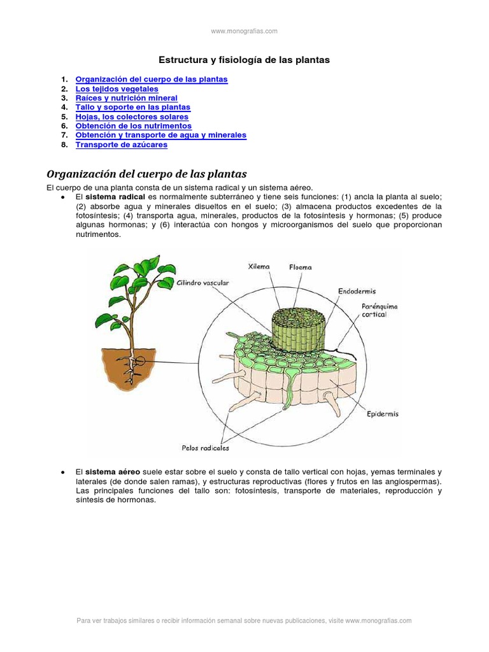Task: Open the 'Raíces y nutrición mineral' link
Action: point(126,99)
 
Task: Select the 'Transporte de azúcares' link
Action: point(121,145)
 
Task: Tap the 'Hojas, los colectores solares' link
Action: point(132,117)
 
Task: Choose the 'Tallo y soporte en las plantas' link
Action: point(132,108)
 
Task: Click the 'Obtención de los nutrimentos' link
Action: point(133,126)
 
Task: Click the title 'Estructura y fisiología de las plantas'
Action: point(244,60)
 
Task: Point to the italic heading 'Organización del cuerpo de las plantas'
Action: point(146,174)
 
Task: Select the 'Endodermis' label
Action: point(357,291)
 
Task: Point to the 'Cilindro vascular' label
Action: point(204,282)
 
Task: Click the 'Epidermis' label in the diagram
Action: point(383,414)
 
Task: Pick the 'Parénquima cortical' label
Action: point(379,310)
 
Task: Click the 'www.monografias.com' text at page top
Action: point(244,31)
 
